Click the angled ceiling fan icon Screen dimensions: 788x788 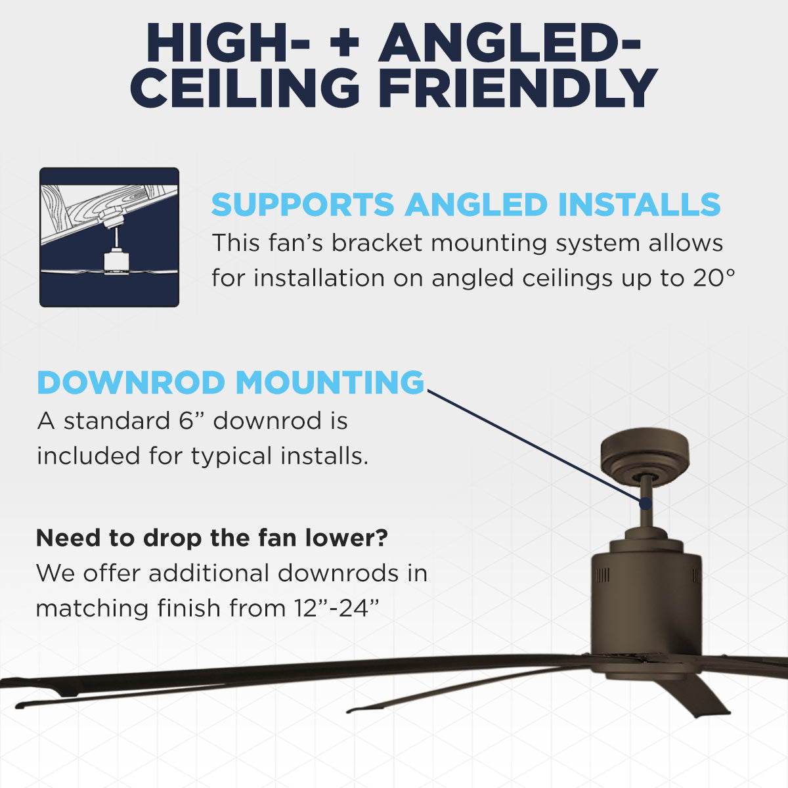click(109, 237)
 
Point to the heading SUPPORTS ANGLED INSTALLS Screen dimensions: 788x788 click(466, 205)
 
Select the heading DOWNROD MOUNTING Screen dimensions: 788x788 click(230, 383)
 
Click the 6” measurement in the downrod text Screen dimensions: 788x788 click(192, 421)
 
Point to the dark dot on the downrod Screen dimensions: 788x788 click(646, 504)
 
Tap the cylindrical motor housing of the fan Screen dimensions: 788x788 click(646, 591)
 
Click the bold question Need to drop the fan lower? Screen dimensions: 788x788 click(211, 538)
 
